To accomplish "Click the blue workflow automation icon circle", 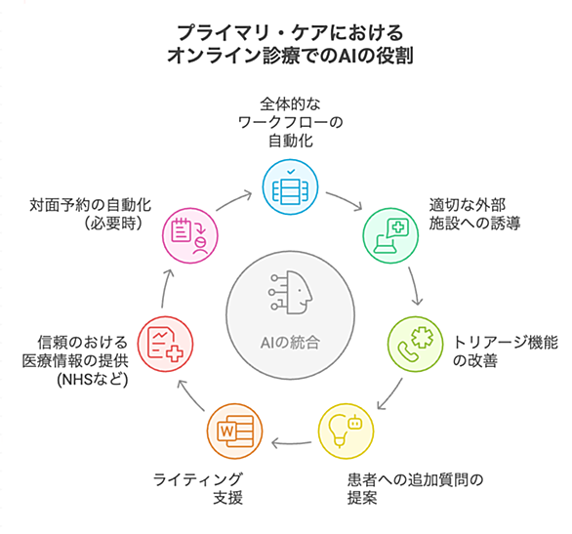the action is (290, 186).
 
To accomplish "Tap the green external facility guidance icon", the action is (390, 235).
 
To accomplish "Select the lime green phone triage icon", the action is (415, 344).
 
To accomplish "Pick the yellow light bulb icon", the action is (346, 431).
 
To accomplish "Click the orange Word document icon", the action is (235, 431).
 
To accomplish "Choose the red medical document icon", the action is (165, 344).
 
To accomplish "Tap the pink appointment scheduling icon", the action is (190, 235).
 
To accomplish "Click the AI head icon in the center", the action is (290, 292).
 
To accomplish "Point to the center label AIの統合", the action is (290, 343).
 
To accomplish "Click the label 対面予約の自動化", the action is (91, 205).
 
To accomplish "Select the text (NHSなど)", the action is (93, 380).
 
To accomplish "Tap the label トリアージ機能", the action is (506, 343).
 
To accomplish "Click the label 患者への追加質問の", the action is (416, 479).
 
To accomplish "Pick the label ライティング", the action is (198, 479).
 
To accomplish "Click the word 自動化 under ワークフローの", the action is (291, 141).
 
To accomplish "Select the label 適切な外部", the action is (468, 205).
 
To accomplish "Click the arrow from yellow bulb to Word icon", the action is (291, 443).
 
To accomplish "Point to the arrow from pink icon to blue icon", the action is (233, 199).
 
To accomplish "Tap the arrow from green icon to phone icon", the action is (415, 286).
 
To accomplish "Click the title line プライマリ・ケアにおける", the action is (290, 33).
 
